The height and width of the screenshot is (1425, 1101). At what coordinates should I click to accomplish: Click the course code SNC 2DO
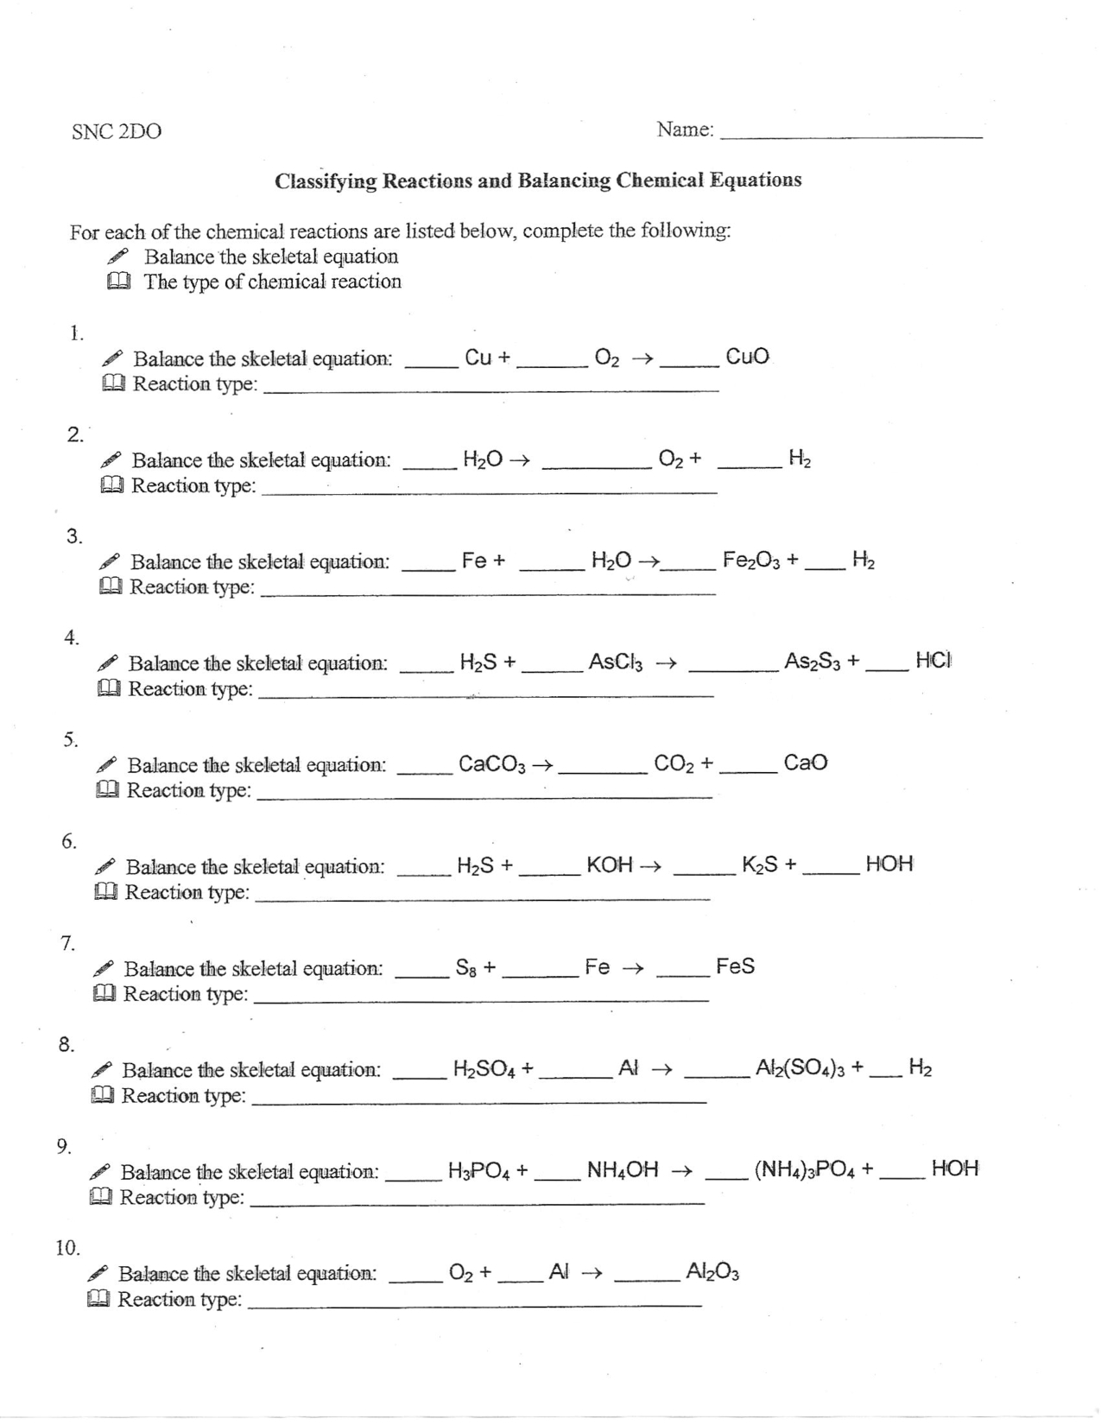[117, 132]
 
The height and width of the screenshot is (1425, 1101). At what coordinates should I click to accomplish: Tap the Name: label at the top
[685, 130]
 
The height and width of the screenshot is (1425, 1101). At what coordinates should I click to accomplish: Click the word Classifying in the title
[326, 181]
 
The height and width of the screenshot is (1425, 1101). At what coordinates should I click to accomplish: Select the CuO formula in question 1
[747, 357]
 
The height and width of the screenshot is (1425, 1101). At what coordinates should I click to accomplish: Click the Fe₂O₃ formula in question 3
[752, 560]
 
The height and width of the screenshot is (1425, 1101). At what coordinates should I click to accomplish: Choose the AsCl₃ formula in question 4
[615, 662]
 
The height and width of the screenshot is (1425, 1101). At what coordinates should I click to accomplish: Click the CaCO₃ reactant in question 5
[492, 764]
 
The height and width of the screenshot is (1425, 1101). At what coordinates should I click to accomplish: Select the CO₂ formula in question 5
[674, 763]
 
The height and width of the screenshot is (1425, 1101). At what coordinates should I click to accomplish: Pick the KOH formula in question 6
[610, 865]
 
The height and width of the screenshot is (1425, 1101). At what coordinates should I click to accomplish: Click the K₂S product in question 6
[761, 864]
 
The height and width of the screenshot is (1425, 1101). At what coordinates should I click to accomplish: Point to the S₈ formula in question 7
[467, 967]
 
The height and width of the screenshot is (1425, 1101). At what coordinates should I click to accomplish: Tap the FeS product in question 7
[735, 966]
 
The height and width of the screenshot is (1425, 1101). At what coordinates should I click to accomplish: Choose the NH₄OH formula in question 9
[623, 1170]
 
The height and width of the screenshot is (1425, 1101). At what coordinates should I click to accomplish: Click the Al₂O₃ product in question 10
[712, 1271]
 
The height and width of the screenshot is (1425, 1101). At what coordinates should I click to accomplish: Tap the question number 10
[67, 1248]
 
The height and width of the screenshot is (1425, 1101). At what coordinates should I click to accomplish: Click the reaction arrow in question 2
[518, 459]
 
